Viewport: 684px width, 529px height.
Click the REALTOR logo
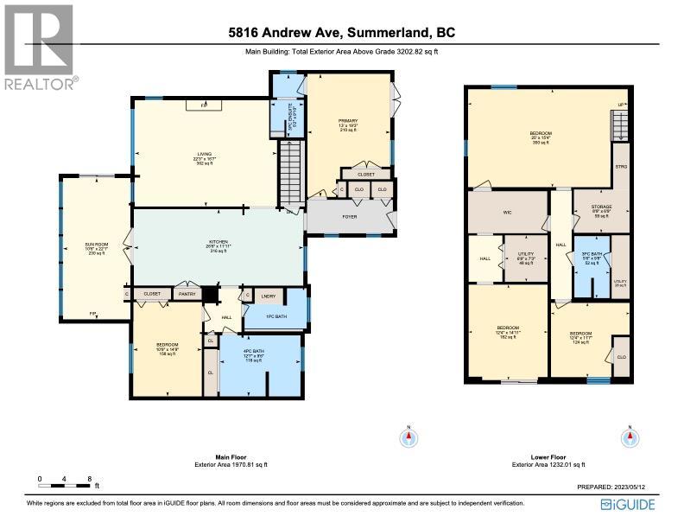pos(40,47)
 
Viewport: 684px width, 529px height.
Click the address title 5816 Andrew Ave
pos(341,34)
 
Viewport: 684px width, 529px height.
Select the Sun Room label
pos(96,247)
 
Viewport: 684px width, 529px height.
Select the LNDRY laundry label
pos(267,295)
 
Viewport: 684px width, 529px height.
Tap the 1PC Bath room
pos(276,318)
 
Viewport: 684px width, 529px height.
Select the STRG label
pos(620,167)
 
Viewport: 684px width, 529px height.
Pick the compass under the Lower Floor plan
pos(631,437)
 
